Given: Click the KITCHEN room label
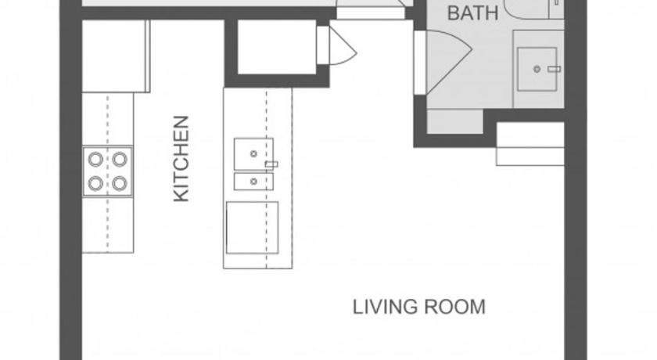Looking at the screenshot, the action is pyautogui.click(x=181, y=158).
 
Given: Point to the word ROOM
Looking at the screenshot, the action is pyautogui.click(x=455, y=307).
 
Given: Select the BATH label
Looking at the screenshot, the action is pyautogui.click(x=473, y=13).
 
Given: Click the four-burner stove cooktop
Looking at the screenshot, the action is pyautogui.click(x=108, y=171).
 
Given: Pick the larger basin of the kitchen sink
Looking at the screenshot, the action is pyautogui.click(x=253, y=154).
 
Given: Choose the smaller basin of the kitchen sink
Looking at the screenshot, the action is pyautogui.click(x=253, y=182).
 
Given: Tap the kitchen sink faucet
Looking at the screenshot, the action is pyautogui.click(x=271, y=164).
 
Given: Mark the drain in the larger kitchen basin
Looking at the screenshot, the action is pyautogui.click(x=253, y=154).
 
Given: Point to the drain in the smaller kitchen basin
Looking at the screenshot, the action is pyautogui.click(x=253, y=182).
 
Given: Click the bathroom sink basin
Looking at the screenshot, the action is pyautogui.click(x=537, y=69).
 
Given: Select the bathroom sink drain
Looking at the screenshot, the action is pyautogui.click(x=537, y=69).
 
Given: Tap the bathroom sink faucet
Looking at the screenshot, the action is pyautogui.click(x=555, y=69).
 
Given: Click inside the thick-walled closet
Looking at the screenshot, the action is pyautogui.click(x=277, y=47).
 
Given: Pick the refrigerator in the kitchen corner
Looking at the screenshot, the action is pyautogui.click(x=116, y=56).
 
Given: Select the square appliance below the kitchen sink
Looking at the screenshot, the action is pyautogui.click(x=252, y=228).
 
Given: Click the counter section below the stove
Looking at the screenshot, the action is pyautogui.click(x=108, y=225).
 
